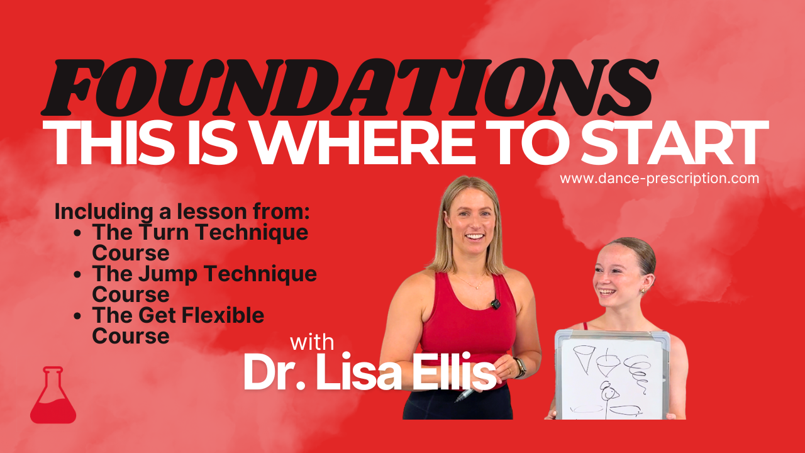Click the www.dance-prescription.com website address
tap(659, 179)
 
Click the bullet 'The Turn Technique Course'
tap(200, 242)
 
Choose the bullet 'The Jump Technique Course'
tap(204, 284)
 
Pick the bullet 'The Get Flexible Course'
tap(178, 325)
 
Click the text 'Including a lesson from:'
tap(182, 211)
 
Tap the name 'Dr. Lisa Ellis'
tap(369, 373)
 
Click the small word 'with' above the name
tap(312, 343)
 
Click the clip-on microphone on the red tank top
tap(496, 304)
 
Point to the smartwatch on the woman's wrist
tap(519, 367)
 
